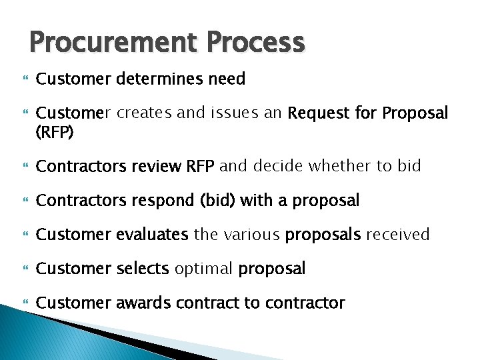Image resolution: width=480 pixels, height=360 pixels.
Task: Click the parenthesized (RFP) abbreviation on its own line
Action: pos(55,132)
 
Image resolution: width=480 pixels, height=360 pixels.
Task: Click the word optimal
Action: pos(204,269)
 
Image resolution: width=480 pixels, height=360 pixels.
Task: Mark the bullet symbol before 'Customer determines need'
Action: pos(19,79)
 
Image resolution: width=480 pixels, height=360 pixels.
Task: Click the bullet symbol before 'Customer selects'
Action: pos(19,269)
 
